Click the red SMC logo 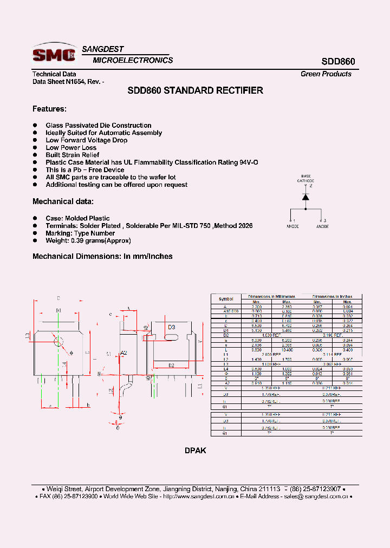point(54,54)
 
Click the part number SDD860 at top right point(337,62)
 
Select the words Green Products point(326,74)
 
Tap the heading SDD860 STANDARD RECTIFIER point(195,90)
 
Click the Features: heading point(49,109)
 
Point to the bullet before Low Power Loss point(35,148)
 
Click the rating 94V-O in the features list point(249,162)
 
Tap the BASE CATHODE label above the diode point(306,179)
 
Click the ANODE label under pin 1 point(292,226)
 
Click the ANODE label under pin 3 point(322,226)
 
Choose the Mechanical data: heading point(63,201)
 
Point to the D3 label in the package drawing point(171,328)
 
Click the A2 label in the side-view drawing point(123,353)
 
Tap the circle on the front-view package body point(58,341)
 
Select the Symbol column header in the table point(226,299)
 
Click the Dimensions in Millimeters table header point(271,297)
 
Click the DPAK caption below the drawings point(195,451)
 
